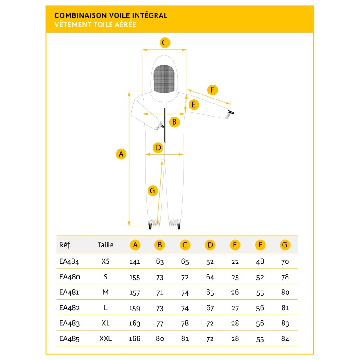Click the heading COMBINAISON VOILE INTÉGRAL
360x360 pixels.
tap(111, 15)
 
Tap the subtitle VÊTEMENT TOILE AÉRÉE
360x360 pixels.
tap(95, 25)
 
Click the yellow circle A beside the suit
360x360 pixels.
tap(121, 154)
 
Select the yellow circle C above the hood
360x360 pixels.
tap(165, 43)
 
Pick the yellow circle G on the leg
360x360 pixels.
tap(153, 191)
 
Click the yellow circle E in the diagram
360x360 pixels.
tap(193, 105)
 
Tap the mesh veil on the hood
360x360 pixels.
tap(164, 79)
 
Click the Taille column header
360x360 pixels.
tap(105, 245)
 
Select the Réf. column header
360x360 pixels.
tap(65, 245)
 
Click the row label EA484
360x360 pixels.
tap(69, 261)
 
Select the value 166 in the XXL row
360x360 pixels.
tap(135, 338)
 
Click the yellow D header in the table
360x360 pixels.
tap(210, 245)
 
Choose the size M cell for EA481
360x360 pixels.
tap(105, 292)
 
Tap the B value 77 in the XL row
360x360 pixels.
tap(160, 323)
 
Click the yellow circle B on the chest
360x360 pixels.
tap(175, 121)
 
